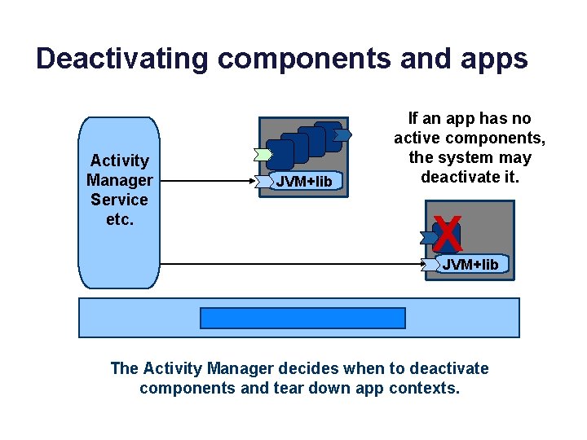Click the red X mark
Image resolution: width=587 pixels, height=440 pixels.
coord(448,234)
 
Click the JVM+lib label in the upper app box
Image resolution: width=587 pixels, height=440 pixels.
coord(304,182)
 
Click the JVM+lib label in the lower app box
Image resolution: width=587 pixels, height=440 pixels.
coord(470,264)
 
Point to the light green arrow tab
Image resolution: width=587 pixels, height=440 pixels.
coord(263,153)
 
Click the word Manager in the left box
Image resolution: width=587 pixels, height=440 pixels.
coord(119,180)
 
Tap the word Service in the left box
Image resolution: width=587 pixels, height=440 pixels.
coord(119,200)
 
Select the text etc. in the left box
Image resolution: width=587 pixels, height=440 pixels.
coord(119,219)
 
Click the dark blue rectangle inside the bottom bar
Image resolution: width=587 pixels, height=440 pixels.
coord(302,318)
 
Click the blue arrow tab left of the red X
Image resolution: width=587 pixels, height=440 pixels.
coord(428,237)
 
